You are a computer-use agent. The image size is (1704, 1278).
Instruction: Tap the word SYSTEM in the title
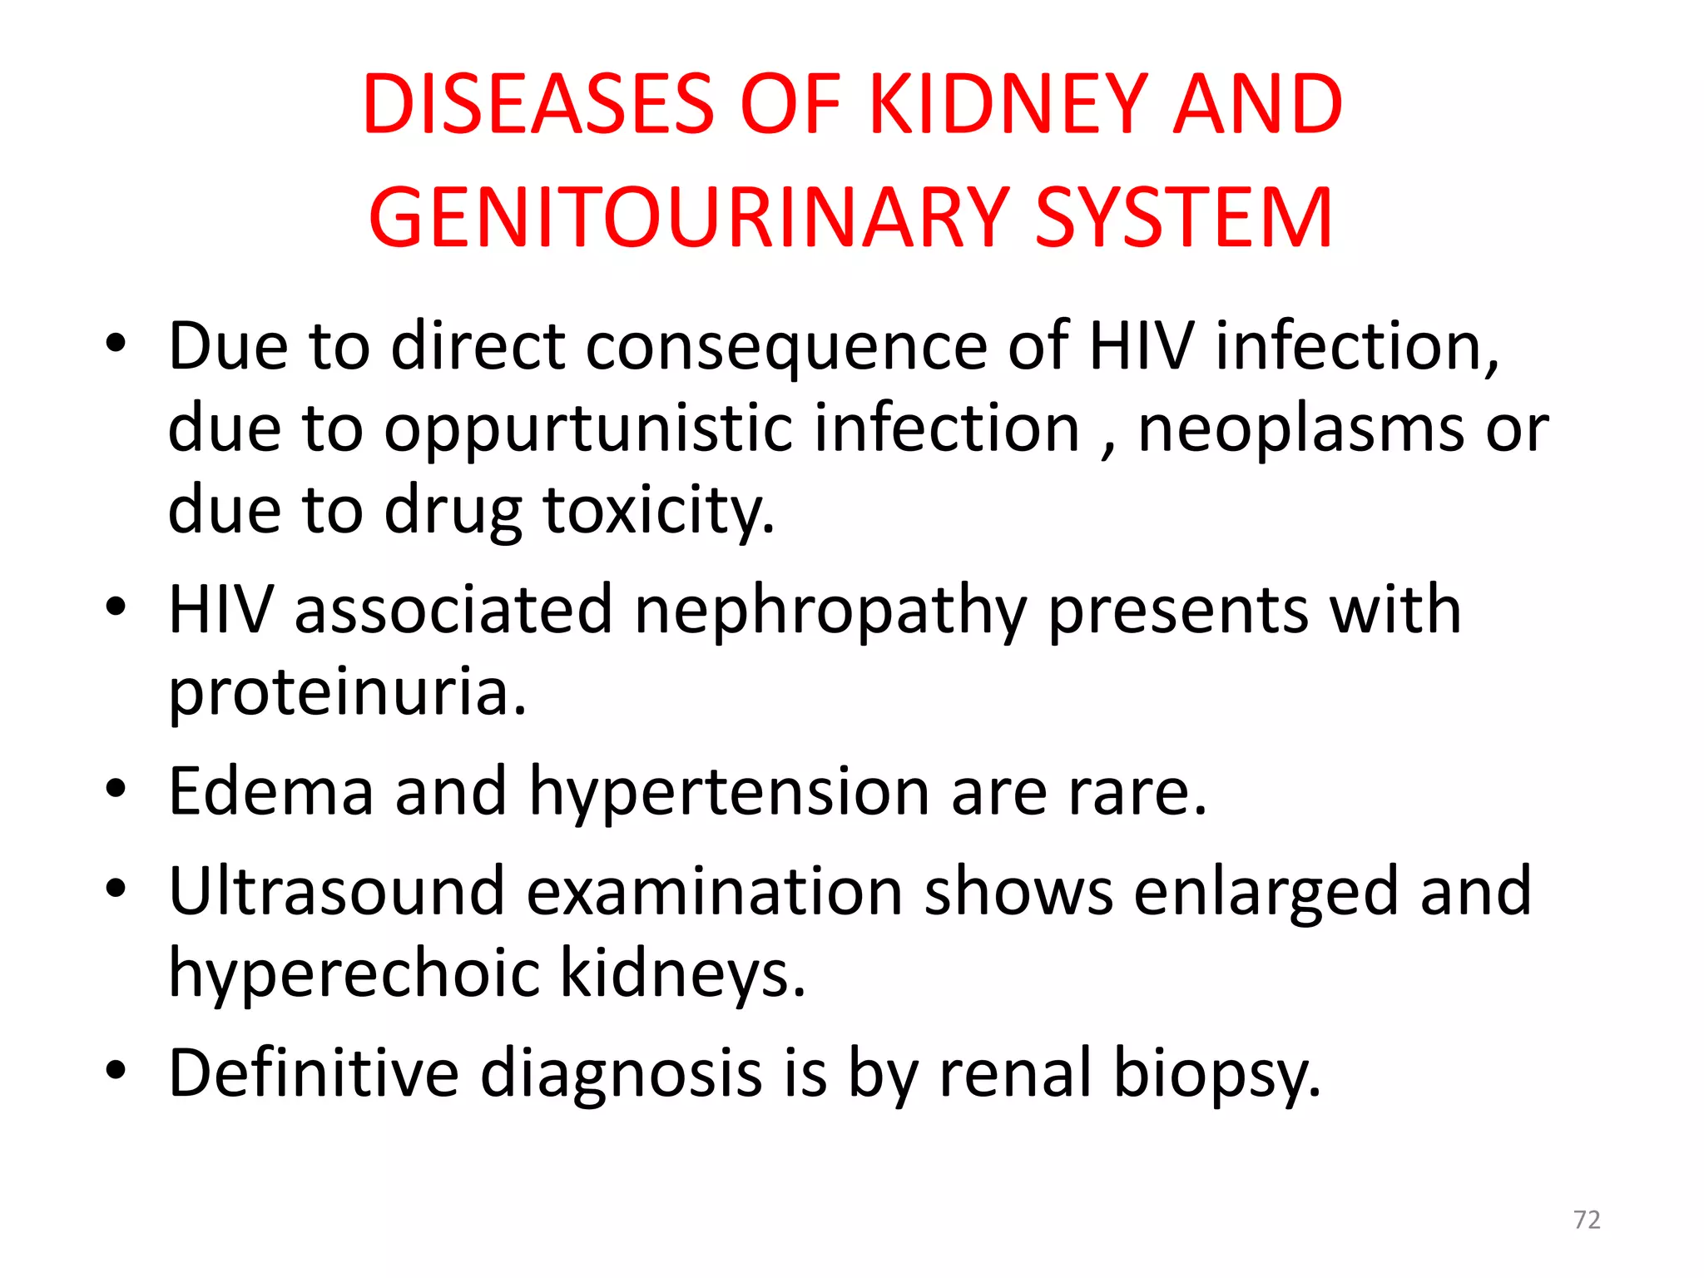(x=1184, y=217)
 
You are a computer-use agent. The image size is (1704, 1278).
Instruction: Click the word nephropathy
(x=830, y=611)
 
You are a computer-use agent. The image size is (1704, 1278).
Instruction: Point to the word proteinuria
(x=348, y=692)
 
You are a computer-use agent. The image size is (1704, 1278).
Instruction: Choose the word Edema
(x=270, y=791)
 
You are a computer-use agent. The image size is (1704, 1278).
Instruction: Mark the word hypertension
(x=729, y=791)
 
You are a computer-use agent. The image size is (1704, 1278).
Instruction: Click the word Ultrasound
(x=337, y=891)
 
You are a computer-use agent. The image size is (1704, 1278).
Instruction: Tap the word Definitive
(x=314, y=1072)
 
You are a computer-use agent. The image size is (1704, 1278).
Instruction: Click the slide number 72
(x=1587, y=1220)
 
